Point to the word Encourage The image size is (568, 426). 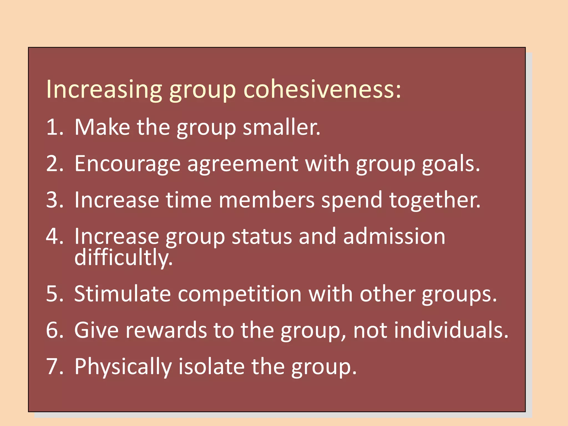click(127, 164)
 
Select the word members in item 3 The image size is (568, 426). click(266, 200)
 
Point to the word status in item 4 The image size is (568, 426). click(262, 237)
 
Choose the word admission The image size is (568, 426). click(394, 237)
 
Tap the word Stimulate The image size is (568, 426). click(122, 294)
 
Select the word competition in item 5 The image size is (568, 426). click(239, 294)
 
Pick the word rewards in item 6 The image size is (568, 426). click(166, 330)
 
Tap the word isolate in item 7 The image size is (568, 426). click(211, 367)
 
